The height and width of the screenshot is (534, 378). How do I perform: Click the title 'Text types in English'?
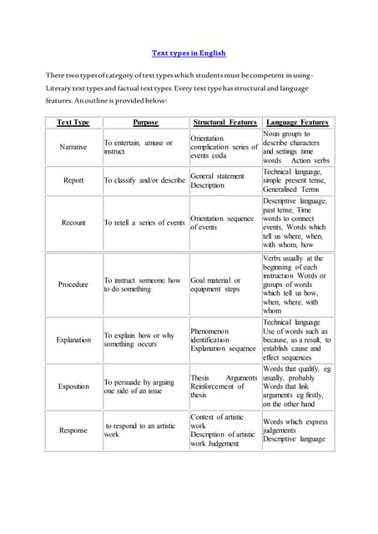click(189, 53)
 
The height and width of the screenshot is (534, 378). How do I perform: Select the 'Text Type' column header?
click(73, 123)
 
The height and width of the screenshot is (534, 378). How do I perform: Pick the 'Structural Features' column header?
click(224, 123)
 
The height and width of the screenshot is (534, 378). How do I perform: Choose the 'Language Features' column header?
click(298, 123)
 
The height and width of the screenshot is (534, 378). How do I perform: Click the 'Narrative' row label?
click(73, 147)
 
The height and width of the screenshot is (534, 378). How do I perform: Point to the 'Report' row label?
click(73, 180)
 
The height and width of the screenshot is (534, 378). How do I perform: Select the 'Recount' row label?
click(73, 223)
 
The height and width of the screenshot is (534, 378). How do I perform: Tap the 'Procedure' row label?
click(73, 285)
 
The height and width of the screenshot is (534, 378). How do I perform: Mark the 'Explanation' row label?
click(73, 340)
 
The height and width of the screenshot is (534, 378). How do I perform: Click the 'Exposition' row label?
click(73, 386)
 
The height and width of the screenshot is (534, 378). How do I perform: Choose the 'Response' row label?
click(73, 431)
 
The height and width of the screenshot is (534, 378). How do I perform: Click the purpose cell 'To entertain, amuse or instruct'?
click(138, 148)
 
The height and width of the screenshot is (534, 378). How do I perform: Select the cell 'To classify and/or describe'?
click(144, 180)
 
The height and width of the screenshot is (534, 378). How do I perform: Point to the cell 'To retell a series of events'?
click(144, 223)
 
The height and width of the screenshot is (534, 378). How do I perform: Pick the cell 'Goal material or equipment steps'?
click(215, 285)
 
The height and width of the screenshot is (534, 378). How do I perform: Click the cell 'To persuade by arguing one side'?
click(139, 386)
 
